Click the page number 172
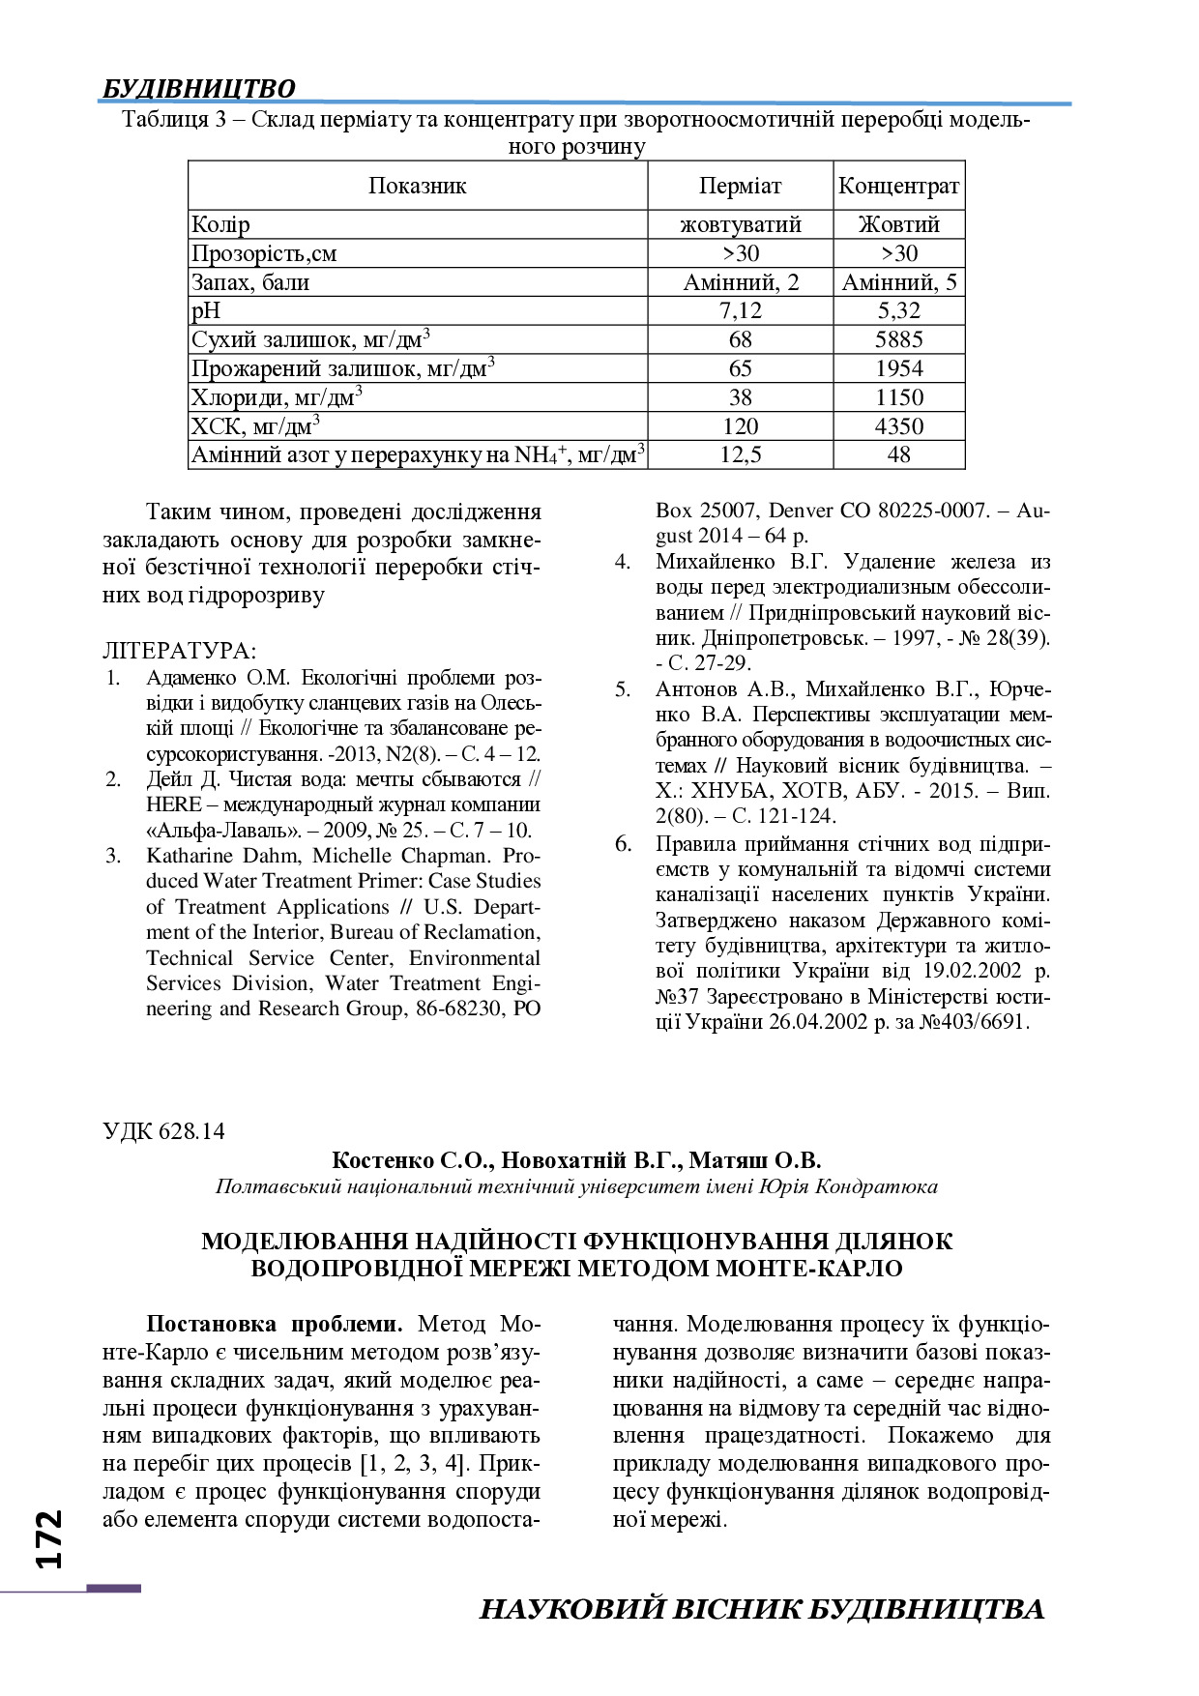pos(48,1537)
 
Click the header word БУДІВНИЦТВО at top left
pos(198,89)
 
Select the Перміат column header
pos(740,186)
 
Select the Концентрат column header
pos(898,186)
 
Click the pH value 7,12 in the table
pos(740,310)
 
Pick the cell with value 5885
pos(898,339)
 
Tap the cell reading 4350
pos(898,426)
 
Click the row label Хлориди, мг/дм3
pos(277,397)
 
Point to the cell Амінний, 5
pos(898,282)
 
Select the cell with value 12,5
pos(740,454)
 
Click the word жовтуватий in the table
pos(740,224)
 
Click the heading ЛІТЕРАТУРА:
pos(179,651)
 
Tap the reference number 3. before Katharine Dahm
pos(114,856)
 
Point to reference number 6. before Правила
pos(623,843)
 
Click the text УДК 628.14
pos(163,1131)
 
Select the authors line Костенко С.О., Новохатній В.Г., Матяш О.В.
pos(576,1160)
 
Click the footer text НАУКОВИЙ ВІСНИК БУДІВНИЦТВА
pos(762,1609)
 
